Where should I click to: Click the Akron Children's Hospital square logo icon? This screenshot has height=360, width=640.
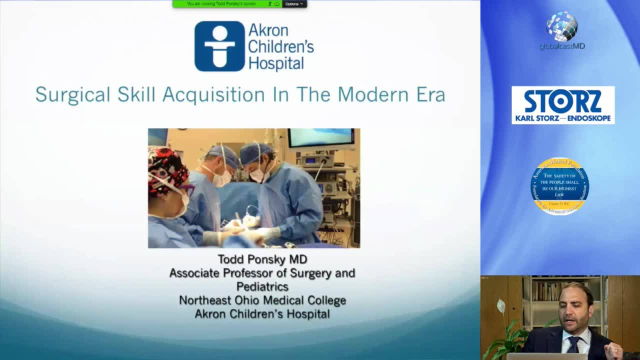click(219, 46)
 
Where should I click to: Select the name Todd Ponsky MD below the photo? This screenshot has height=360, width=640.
click(262, 259)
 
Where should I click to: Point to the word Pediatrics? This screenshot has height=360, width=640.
click(262, 286)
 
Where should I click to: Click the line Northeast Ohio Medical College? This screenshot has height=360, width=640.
click(262, 300)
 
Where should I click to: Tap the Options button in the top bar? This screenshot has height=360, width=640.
click(293, 4)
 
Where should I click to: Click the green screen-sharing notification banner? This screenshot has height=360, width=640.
click(225, 4)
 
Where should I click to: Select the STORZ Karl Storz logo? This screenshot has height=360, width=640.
click(562, 105)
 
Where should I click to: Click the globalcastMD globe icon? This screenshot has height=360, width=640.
click(561, 25)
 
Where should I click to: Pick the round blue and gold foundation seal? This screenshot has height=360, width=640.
click(559, 186)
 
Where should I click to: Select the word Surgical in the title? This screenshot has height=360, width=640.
click(72, 94)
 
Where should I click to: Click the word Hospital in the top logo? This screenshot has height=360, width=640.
click(276, 63)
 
